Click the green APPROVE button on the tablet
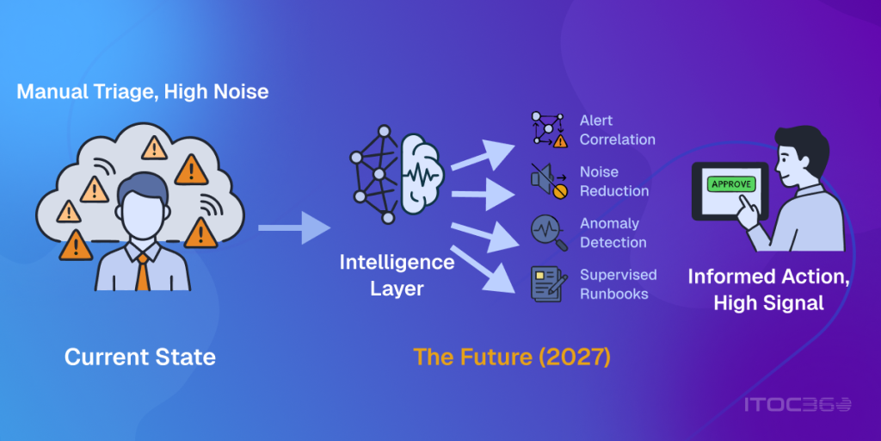coord(731,184)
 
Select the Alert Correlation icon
coord(549,130)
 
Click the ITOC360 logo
coord(798,405)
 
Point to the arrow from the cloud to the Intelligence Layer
coord(294,227)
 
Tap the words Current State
coord(140,357)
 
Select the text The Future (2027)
coord(512,357)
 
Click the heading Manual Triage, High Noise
coord(143,91)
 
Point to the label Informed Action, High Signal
coord(768,290)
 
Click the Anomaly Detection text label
coord(613,233)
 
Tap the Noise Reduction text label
coord(614,181)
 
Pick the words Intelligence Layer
coord(397,276)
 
